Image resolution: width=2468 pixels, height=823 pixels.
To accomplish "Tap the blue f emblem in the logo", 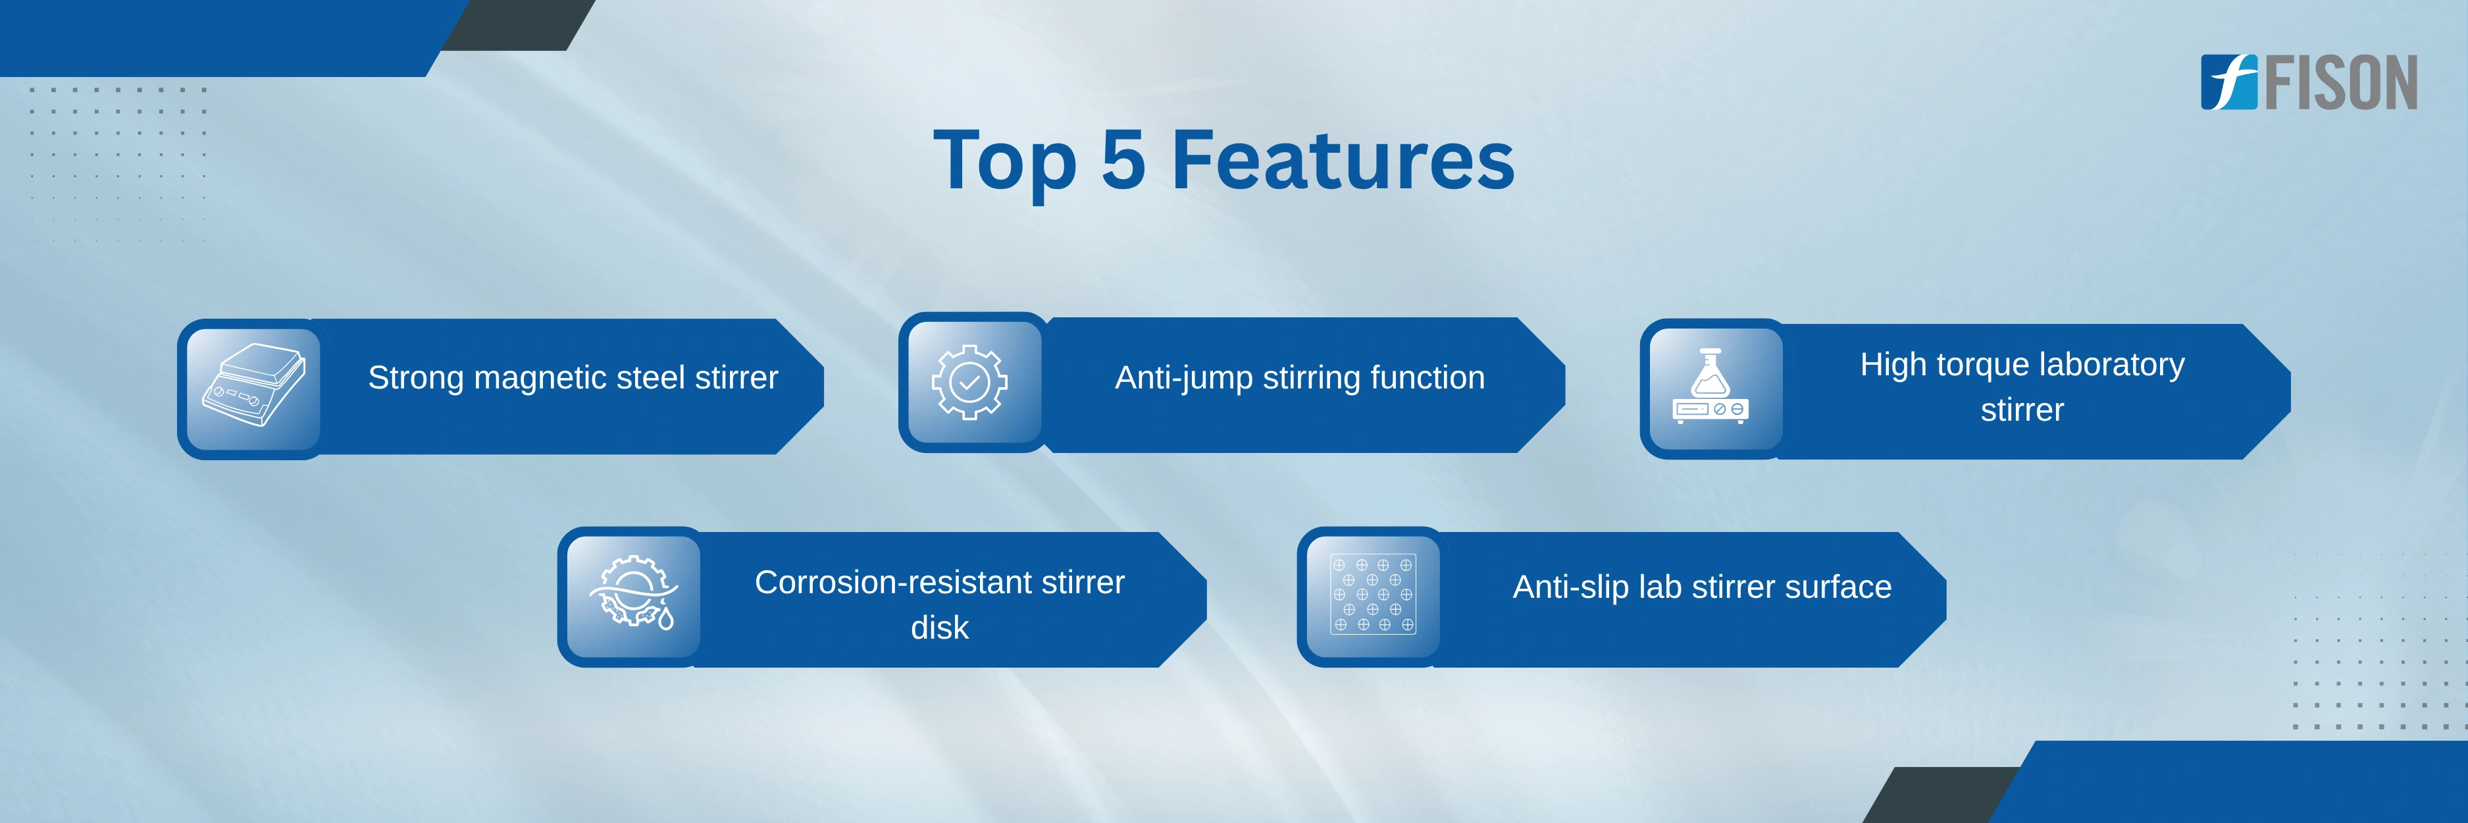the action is pos(2228,82).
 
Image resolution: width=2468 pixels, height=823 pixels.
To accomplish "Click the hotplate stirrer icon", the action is pos(253,386).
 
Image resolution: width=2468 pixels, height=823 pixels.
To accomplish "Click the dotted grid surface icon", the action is pos(1373,594).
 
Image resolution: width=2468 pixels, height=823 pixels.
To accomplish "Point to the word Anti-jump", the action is pos(1184,379).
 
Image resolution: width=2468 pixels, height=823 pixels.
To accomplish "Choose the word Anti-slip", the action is pos(1570,587).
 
